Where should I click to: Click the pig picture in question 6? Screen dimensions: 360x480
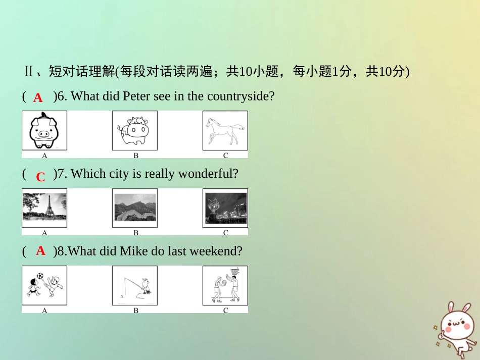click(x=44, y=131)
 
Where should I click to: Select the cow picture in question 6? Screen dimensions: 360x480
click(x=135, y=131)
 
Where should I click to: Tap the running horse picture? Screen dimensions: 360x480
click(x=225, y=131)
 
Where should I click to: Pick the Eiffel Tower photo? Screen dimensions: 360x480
click(x=44, y=208)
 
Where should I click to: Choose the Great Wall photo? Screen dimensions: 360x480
click(x=135, y=208)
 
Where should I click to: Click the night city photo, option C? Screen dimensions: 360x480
click(x=225, y=208)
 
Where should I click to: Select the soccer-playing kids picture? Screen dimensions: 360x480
click(x=44, y=286)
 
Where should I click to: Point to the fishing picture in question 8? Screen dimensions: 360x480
click(x=135, y=286)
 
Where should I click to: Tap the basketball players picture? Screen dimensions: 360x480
click(x=225, y=286)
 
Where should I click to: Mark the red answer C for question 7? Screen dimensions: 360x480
click(x=40, y=177)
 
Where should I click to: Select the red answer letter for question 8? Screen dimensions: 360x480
click(x=41, y=251)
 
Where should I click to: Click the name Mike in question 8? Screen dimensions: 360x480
click(x=133, y=251)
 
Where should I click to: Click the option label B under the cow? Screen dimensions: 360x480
click(x=135, y=156)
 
